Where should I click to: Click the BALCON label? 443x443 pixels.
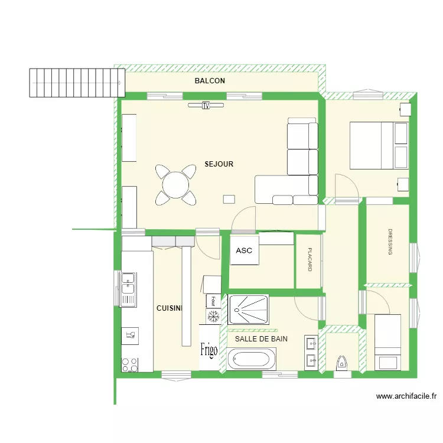coord(210,81)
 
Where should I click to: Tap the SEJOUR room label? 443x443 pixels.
coord(219,164)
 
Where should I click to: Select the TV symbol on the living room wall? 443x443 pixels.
coord(206,106)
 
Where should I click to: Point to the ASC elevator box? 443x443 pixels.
coord(244,250)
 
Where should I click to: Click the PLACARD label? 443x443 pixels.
coord(310,260)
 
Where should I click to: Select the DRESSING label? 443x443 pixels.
coord(390,242)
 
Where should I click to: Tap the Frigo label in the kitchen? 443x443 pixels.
coord(209,349)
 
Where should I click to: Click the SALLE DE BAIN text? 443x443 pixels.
coord(261,339)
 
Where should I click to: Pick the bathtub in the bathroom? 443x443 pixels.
coord(252,359)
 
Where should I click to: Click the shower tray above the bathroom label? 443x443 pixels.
coord(248,309)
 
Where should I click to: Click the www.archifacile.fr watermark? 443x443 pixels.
coord(406,397)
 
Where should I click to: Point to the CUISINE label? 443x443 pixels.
coord(170,308)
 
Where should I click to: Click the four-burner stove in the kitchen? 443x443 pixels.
coord(129,365)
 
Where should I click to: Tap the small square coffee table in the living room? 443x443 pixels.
coord(229,199)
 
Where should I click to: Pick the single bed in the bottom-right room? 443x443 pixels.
coord(387,341)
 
